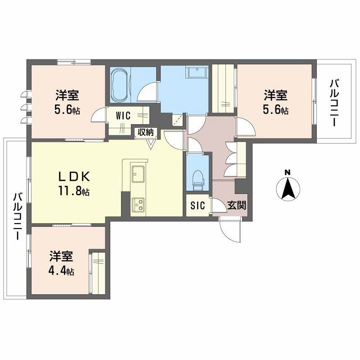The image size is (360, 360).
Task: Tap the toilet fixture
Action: [x=197, y=179]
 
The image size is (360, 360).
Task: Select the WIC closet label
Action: [x=123, y=116]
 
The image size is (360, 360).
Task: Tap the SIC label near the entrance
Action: [x=198, y=206]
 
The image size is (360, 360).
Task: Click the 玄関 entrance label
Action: [x=236, y=206]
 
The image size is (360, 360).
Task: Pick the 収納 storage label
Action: [x=146, y=132]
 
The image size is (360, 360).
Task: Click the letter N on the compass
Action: [x=288, y=172]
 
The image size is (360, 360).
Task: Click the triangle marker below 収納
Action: [x=151, y=144]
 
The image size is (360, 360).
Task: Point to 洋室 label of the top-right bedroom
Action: [x=276, y=95]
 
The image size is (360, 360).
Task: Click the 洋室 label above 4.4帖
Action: [x=62, y=256]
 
